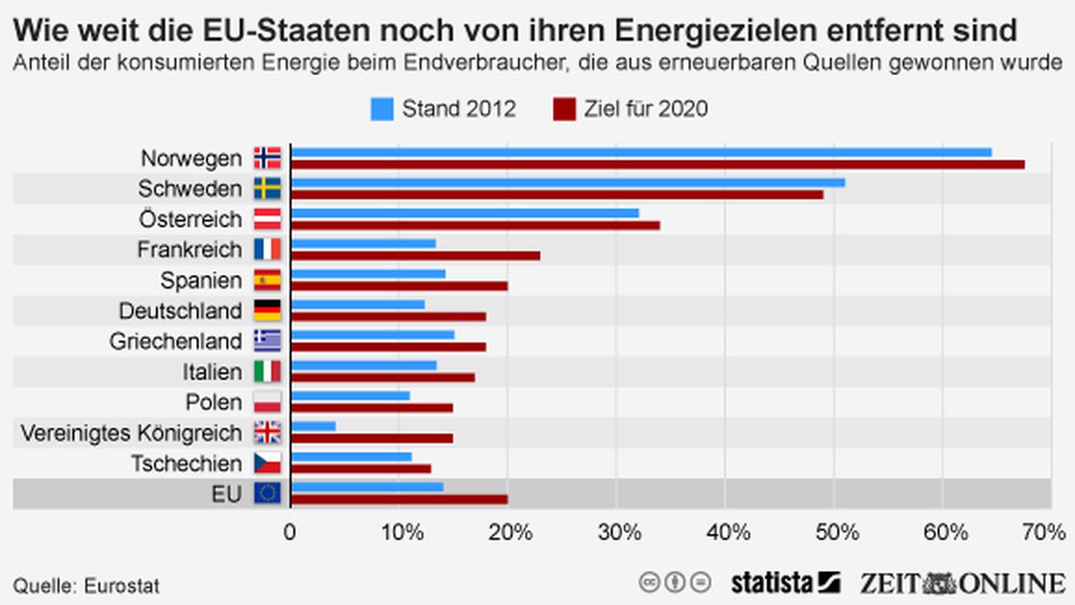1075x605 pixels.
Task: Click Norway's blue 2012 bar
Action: point(641,152)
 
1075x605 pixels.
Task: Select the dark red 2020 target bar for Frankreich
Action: point(416,256)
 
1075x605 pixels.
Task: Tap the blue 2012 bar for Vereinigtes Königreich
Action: point(313,426)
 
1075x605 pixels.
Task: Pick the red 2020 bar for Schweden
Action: point(557,194)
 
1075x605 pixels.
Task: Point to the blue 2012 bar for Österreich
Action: point(465,213)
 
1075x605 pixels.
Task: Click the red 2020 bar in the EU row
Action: point(399,499)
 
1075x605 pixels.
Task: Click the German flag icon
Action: point(267,311)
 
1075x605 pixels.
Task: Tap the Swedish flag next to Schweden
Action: point(267,189)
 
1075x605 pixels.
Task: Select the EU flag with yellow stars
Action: point(267,494)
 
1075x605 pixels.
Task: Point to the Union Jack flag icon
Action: point(267,433)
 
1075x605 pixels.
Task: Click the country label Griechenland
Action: point(175,341)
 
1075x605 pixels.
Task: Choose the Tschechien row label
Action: point(186,463)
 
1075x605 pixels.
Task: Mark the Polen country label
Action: point(213,402)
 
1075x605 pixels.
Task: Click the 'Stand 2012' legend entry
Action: point(443,109)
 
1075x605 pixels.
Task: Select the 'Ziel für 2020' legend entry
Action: point(631,109)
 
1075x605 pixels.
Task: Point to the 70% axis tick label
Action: point(1046,532)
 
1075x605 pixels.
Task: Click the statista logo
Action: point(785,583)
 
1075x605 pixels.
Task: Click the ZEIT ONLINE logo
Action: point(962,583)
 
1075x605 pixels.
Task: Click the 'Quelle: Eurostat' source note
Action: point(86,586)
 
